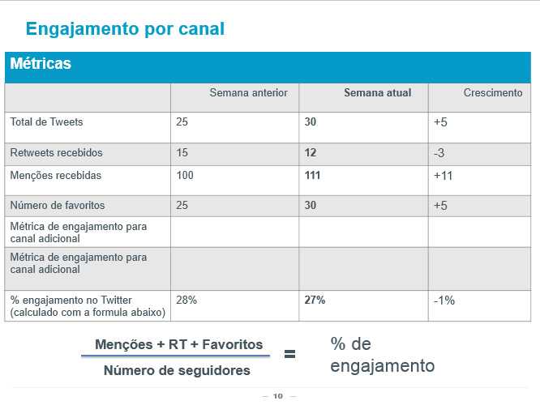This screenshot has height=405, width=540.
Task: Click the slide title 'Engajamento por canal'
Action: coord(125,29)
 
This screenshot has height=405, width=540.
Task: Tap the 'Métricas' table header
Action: coord(41,64)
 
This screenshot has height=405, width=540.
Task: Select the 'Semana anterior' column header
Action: coord(248,93)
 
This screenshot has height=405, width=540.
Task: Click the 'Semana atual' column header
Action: coord(377,93)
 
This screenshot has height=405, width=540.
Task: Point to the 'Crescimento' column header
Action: coord(493,93)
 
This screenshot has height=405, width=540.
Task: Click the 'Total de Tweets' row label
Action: coord(46,122)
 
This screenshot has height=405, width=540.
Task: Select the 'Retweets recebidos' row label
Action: coord(56,152)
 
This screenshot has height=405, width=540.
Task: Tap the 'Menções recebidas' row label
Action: coord(56,175)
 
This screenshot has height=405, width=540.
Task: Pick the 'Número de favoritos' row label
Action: coord(57,205)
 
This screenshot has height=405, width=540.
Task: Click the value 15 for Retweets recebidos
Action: coord(182,152)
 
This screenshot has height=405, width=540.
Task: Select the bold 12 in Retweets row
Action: coord(311,152)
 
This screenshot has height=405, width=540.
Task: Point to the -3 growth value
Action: coord(439,153)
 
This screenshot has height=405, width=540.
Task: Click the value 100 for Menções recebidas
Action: coord(184,175)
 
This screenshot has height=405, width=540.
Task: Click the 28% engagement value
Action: coord(186,300)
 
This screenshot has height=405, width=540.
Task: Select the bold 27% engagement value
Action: coord(315,300)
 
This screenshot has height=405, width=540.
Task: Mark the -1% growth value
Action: coord(444,301)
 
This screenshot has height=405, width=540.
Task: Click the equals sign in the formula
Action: coord(289,354)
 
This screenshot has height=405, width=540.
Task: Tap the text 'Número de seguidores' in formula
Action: coord(177,371)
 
